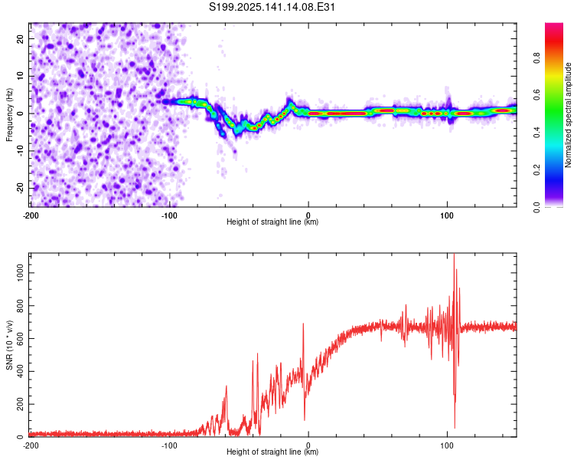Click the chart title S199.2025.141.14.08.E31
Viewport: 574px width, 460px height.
tap(272, 7)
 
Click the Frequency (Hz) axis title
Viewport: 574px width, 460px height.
tap(9, 115)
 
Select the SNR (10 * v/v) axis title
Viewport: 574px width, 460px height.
tap(9, 345)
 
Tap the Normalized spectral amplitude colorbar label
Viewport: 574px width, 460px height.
tap(568, 115)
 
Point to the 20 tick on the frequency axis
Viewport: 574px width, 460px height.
tap(20, 38)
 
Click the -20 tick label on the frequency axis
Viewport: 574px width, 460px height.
tap(20, 188)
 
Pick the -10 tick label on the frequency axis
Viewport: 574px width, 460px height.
tap(20, 151)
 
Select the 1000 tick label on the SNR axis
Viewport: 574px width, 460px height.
tap(20, 273)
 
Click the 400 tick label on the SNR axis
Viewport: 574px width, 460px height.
tap(20, 371)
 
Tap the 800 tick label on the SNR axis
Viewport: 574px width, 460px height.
tap(20, 306)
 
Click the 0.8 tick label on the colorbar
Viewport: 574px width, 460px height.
tap(536, 58)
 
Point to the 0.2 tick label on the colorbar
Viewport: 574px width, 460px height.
tap(536, 170)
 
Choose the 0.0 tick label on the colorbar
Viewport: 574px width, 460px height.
tap(536, 208)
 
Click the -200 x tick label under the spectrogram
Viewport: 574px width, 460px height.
tap(31, 215)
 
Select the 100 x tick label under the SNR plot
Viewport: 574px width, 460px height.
tap(447, 445)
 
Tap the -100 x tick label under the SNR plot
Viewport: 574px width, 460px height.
tap(169, 445)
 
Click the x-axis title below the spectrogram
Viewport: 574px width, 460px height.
tap(272, 222)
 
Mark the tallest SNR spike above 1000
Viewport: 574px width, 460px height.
tap(454, 255)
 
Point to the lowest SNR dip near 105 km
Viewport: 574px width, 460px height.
tap(455, 427)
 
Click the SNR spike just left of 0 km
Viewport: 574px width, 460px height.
tap(303, 324)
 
